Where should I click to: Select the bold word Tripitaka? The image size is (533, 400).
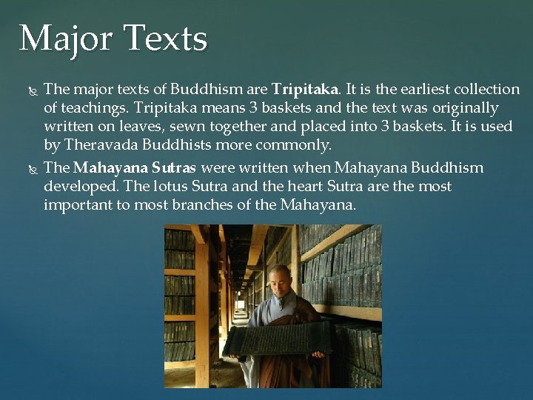[304, 90]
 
